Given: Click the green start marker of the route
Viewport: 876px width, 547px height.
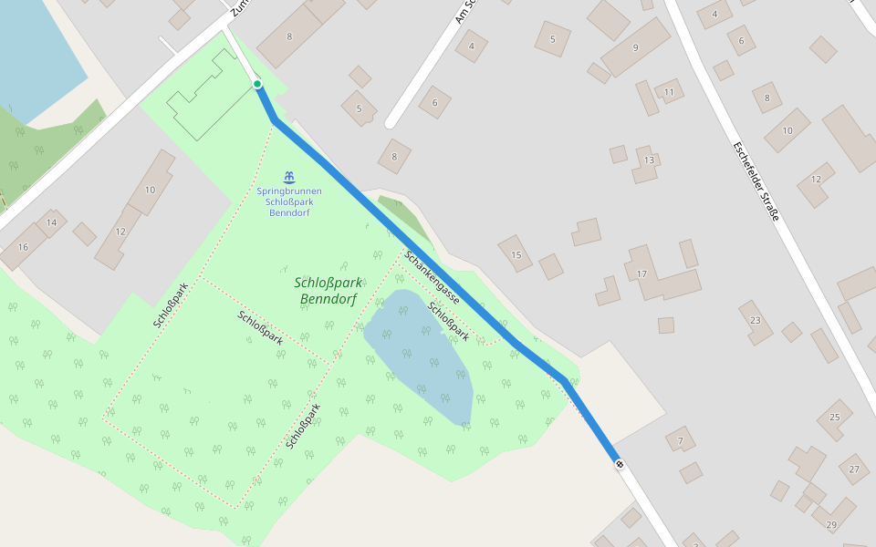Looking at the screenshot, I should pos(257,84).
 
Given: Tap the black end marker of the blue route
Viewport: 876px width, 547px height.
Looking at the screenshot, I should pos(620,464).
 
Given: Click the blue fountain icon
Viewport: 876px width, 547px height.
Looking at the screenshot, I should pos(288,176).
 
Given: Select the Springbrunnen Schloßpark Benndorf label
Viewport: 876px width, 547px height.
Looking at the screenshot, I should pos(288,201).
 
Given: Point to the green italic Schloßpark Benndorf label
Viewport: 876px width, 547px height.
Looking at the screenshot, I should pos(328,290).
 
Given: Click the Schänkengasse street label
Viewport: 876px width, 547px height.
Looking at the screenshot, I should pos(432,278).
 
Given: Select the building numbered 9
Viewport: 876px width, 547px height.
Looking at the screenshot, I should pos(635,46).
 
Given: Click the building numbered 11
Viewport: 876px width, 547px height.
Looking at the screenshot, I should pos(669,92).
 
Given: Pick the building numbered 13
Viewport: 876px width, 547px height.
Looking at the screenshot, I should pos(648,161).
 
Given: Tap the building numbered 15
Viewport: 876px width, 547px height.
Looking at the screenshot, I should pos(516,253).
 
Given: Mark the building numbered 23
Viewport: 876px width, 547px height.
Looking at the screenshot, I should pos(756,321).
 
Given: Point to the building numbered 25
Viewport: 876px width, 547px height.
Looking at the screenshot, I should pos(834,418).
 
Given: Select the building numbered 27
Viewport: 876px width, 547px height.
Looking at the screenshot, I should pos(854,470).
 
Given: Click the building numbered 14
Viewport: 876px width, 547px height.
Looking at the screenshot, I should pos(51,223).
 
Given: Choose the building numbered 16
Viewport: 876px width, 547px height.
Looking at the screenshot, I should pos(23,247).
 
